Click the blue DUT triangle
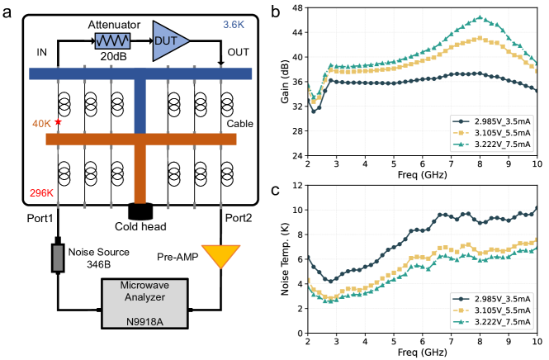pyautogui.click(x=168, y=40)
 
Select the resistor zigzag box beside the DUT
pyautogui.click(x=112, y=40)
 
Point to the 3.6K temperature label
pyautogui.click(x=234, y=25)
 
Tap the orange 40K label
pyautogui.click(x=41, y=124)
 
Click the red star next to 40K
pyautogui.click(x=59, y=122)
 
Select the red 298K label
pyautogui.click(x=41, y=193)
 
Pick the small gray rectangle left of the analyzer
pyautogui.click(x=58, y=258)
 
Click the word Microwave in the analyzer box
pyautogui.click(x=144, y=286)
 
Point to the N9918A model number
pyautogui.click(x=144, y=321)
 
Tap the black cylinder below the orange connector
pyautogui.click(x=140, y=212)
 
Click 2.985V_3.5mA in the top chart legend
pyautogui.click(x=502, y=121)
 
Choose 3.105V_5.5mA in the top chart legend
pyautogui.click(x=502, y=133)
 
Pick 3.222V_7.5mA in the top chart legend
pyautogui.click(x=502, y=144)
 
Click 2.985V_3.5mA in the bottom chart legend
pyautogui.click(x=502, y=298)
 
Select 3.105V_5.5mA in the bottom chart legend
pyautogui.click(x=502, y=310)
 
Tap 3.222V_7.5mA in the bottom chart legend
pyautogui.click(x=502, y=321)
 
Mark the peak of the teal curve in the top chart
pyautogui.click(x=480, y=17)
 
